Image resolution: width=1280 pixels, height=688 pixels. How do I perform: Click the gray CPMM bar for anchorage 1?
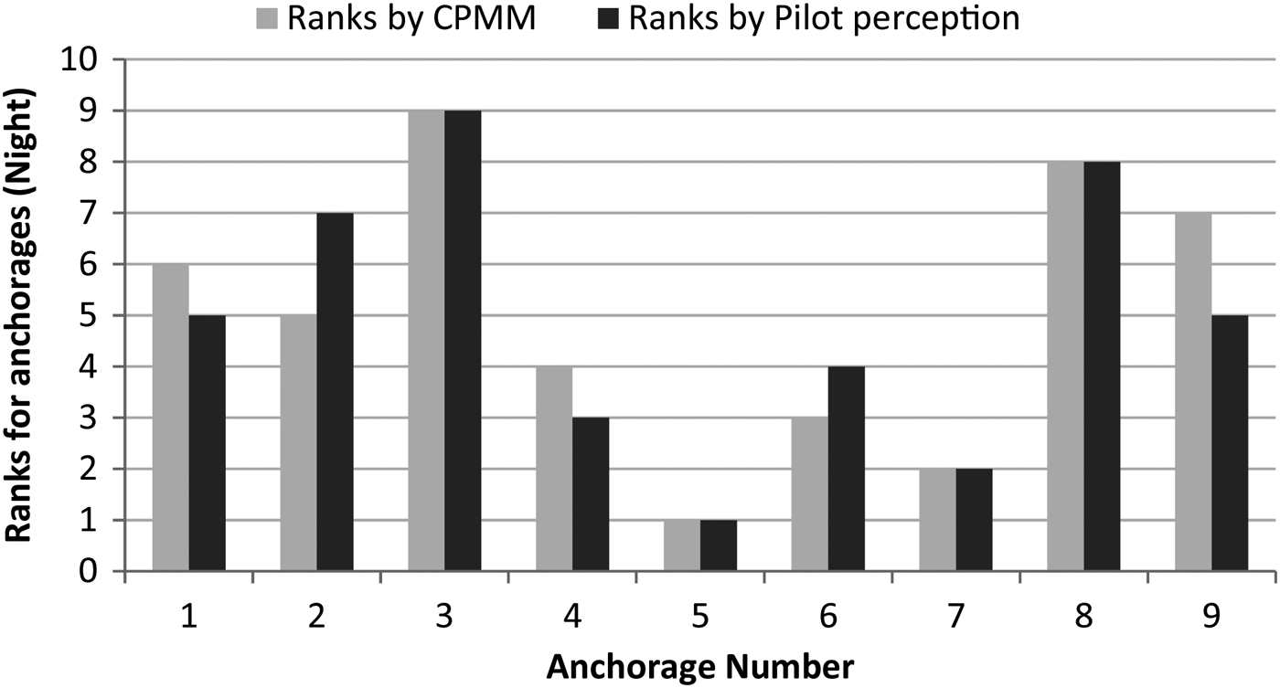(x=171, y=418)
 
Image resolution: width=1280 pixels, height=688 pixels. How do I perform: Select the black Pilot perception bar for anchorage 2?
(x=335, y=392)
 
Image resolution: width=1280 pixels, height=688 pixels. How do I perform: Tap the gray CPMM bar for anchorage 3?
(x=426, y=341)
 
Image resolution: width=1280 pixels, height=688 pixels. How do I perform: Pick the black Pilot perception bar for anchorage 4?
(x=591, y=494)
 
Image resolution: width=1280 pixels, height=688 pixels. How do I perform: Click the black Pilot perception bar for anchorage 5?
(x=719, y=545)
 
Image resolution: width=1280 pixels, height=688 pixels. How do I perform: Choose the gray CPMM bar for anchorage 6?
(x=810, y=494)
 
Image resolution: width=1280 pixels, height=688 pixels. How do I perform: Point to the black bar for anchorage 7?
(x=975, y=520)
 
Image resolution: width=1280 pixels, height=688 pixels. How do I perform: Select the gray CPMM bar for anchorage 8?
(x=1066, y=366)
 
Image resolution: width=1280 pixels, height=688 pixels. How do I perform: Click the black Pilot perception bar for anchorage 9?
(x=1230, y=443)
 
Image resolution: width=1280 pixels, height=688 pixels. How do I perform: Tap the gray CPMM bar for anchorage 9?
(x=1193, y=392)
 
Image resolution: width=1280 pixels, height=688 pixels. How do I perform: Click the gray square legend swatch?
(x=267, y=19)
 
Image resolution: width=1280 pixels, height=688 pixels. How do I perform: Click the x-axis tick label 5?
(x=700, y=618)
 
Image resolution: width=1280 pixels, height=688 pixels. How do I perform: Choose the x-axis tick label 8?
(x=1084, y=618)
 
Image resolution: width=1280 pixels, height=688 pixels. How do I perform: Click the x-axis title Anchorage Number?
(x=700, y=667)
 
